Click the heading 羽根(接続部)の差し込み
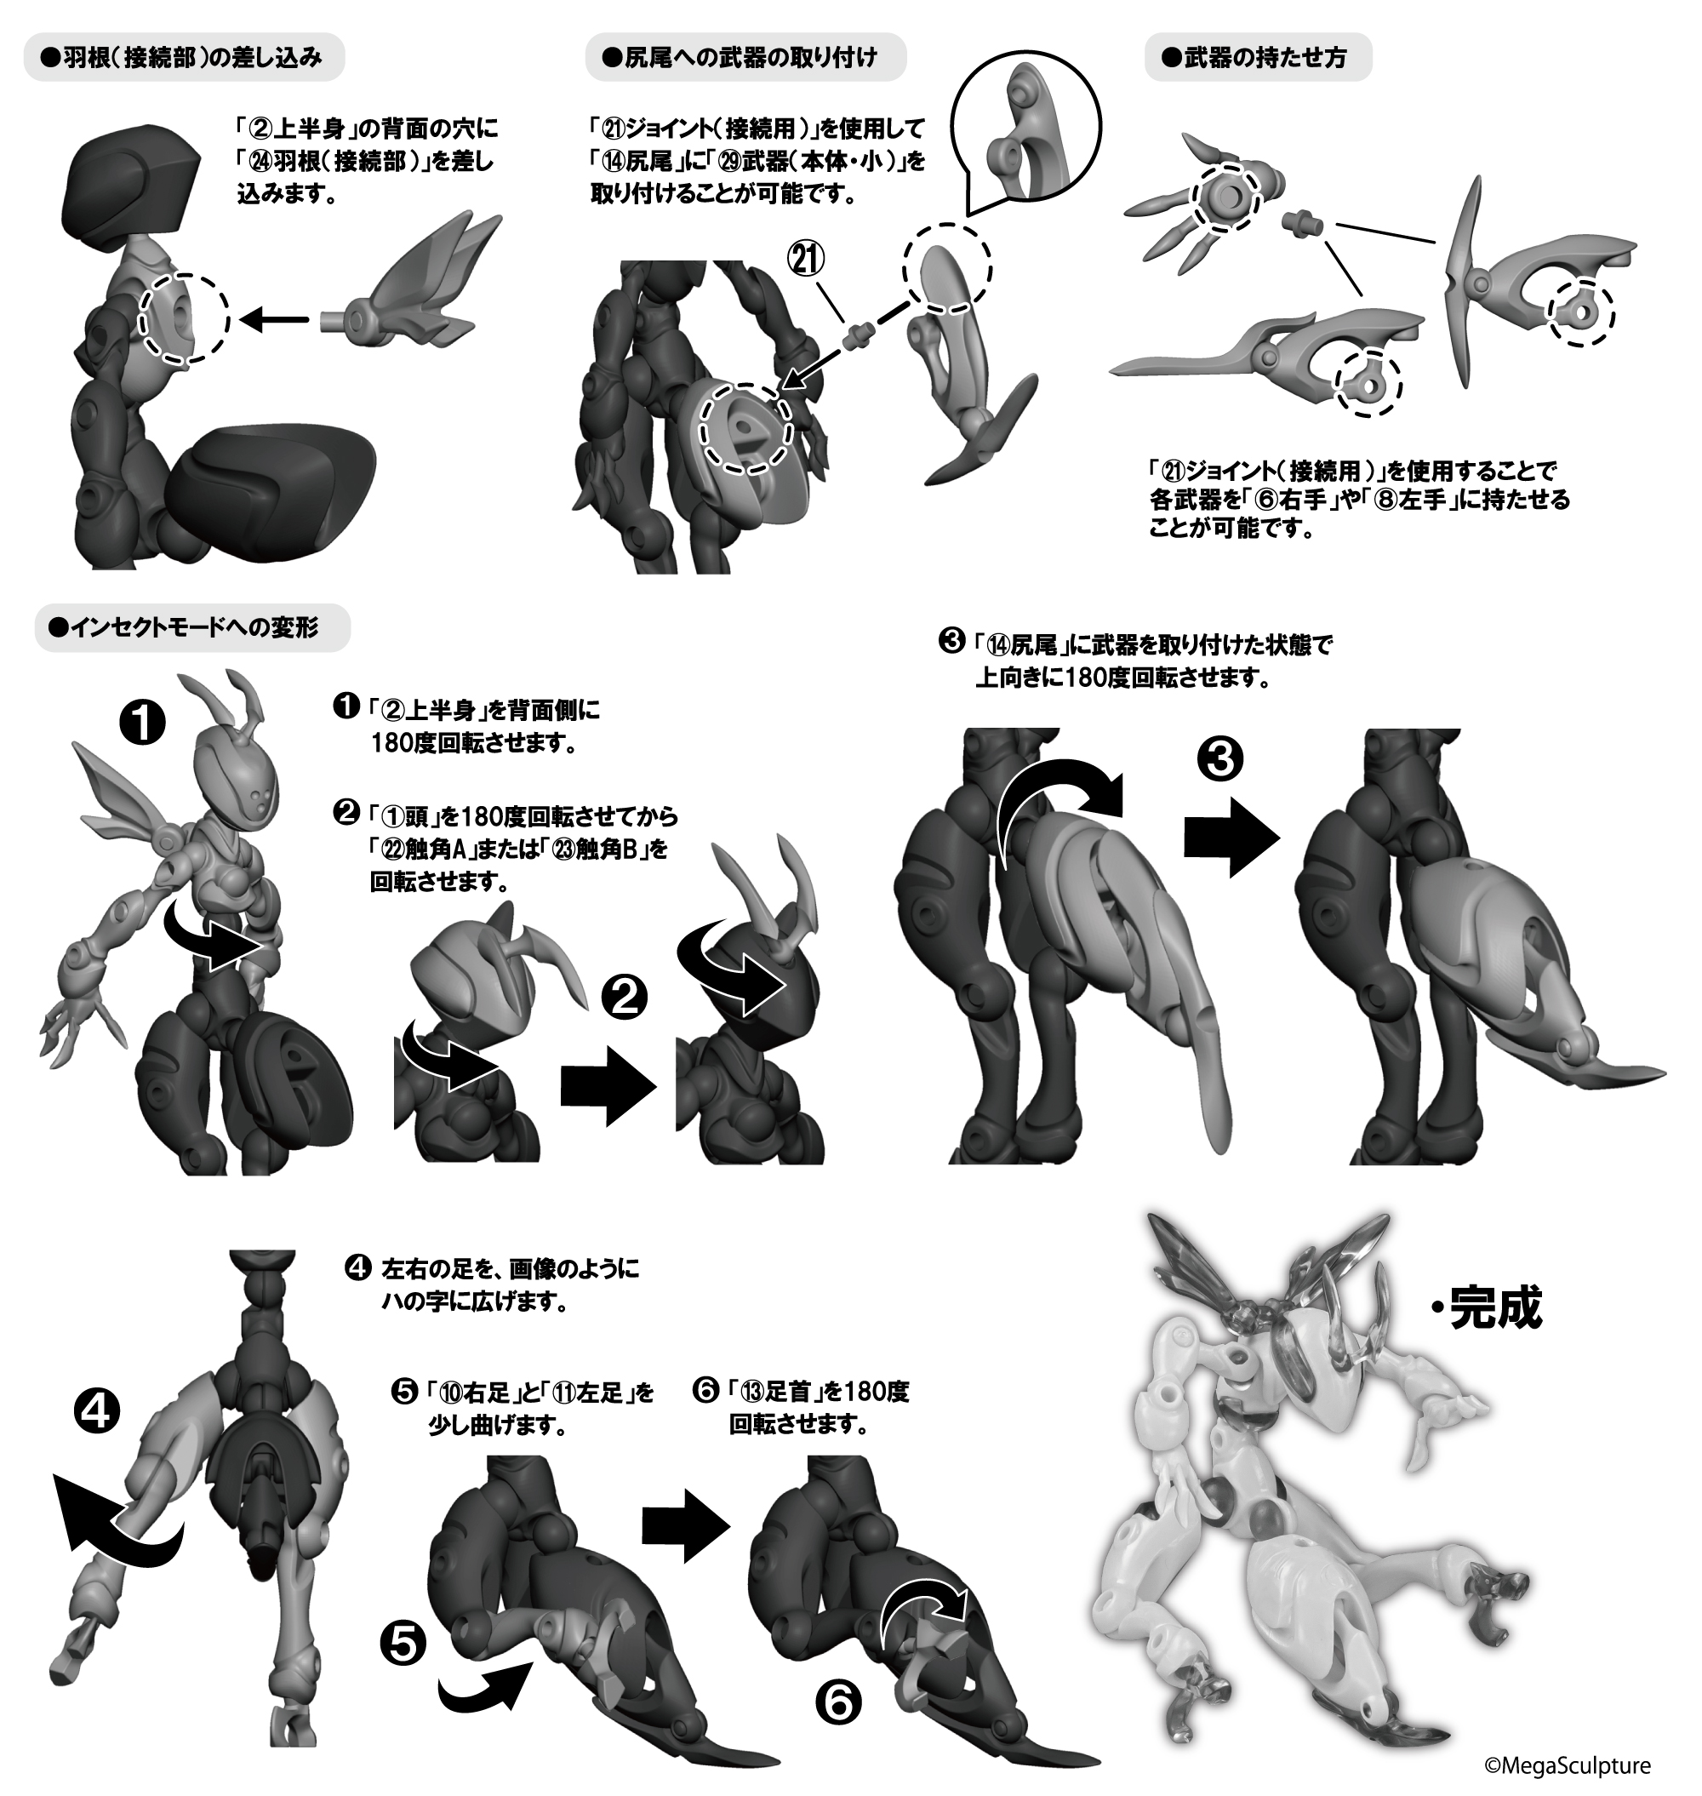183,58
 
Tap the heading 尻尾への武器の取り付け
742,58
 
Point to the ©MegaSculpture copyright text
1567,1766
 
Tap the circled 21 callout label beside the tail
807,260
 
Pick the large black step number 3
1220,760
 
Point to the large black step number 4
96,1412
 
